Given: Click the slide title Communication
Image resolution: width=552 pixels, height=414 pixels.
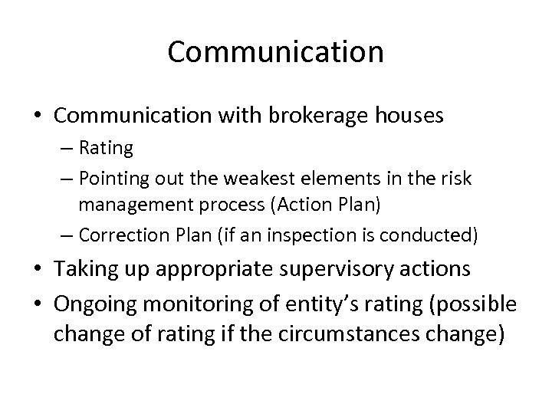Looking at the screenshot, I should pos(275,52).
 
